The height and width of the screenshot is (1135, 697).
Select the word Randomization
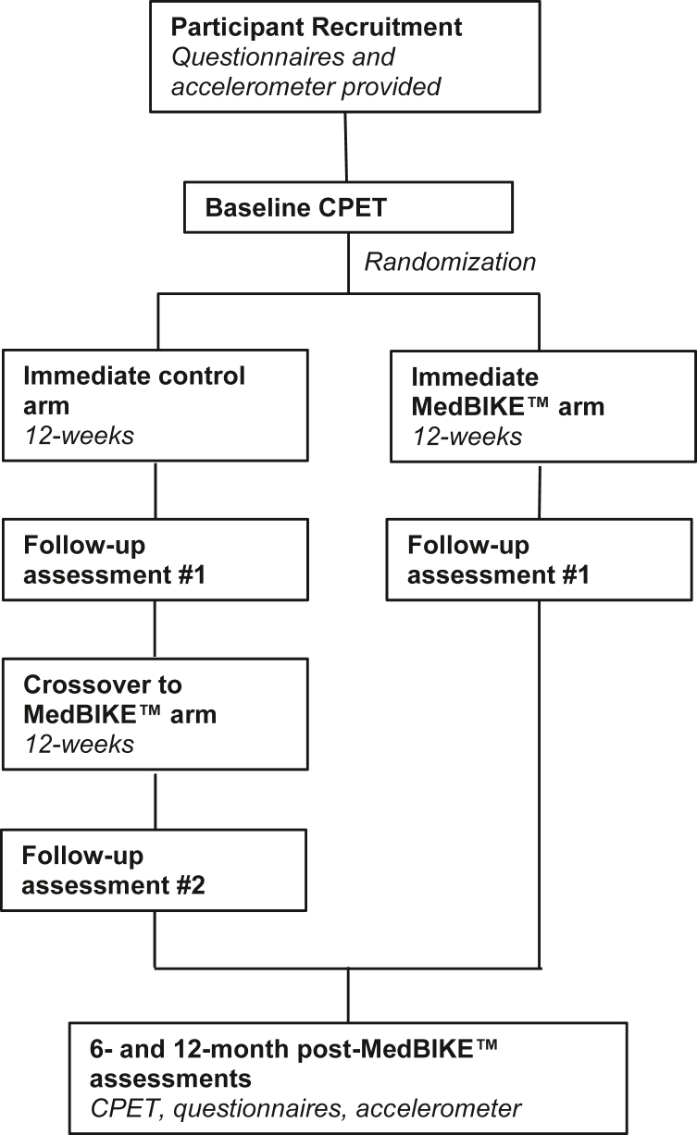coord(450,262)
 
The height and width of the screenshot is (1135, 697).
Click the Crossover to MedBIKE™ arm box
coord(155,714)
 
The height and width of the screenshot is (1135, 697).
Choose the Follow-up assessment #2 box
coord(155,869)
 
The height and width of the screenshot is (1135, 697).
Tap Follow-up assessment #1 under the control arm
coord(155,560)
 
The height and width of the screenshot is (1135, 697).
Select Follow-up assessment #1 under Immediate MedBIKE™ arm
coord(539,560)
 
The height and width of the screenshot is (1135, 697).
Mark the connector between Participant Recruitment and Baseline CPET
coord(345,147)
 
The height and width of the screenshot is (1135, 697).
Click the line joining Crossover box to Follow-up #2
coord(155,800)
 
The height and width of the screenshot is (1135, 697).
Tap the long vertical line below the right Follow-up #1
coord(539,786)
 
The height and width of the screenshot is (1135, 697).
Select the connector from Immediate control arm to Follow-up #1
coord(155,489)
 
